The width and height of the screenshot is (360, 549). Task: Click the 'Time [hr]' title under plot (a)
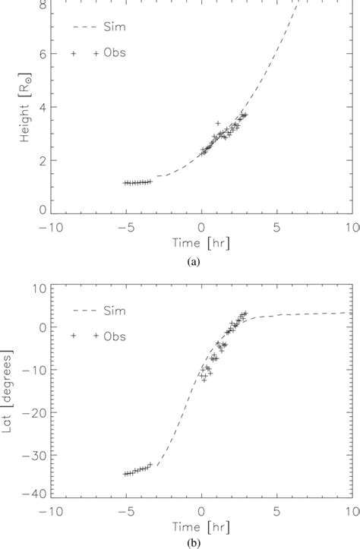pos(201,245)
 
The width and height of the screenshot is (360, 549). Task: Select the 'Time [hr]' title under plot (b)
pos(201,528)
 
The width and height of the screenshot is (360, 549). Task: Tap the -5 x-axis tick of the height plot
pos(125,228)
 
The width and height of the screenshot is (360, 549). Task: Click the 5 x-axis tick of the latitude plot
pos(277,512)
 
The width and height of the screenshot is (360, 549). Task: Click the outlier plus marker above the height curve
pos(218,122)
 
